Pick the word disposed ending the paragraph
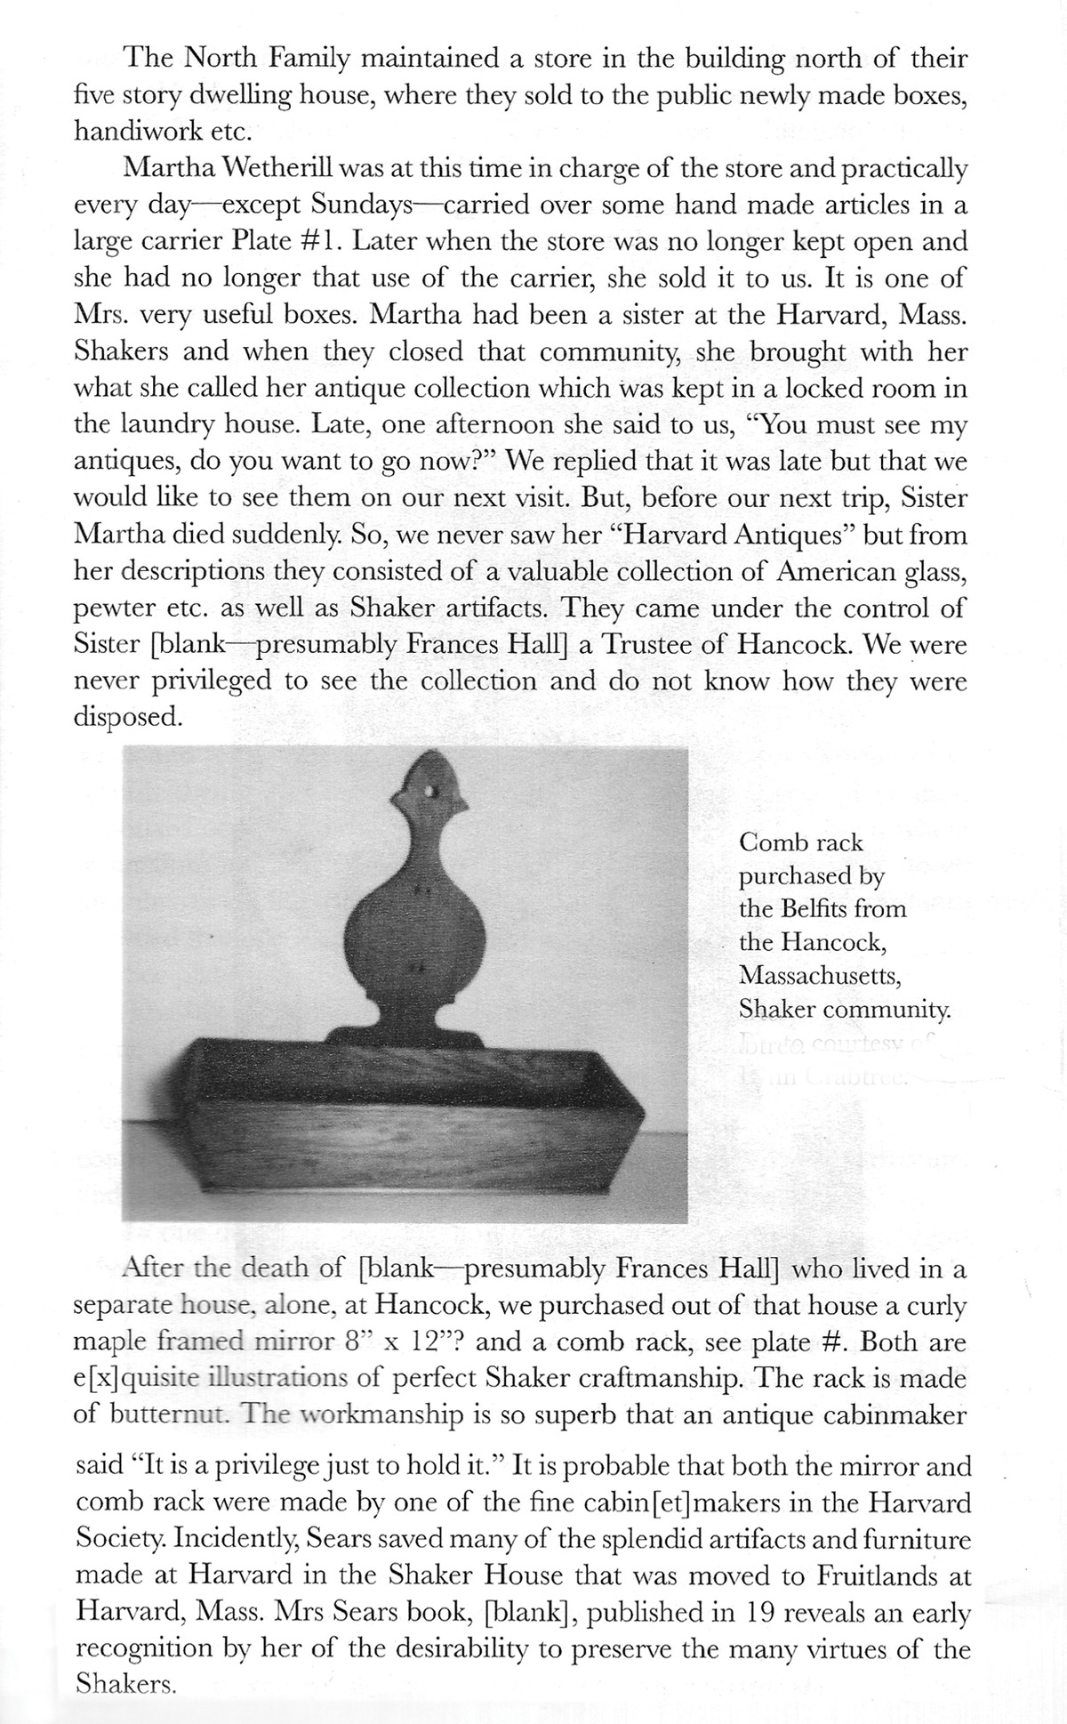click(x=128, y=718)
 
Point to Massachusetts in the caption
click(x=820, y=976)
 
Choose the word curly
click(x=933, y=1306)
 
